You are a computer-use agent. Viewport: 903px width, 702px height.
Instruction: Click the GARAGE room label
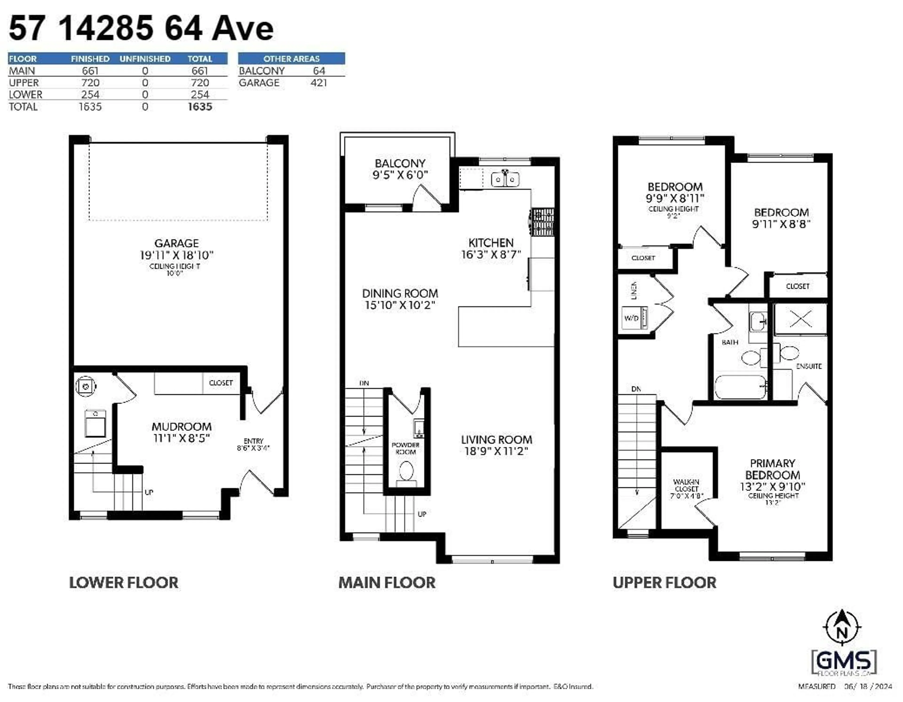[177, 243]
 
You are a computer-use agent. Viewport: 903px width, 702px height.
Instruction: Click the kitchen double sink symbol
[505, 180]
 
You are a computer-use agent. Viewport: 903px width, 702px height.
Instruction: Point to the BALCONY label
[400, 163]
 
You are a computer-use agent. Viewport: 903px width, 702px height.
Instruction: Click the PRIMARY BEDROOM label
[772, 469]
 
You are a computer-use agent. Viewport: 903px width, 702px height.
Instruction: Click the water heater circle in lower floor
[86, 386]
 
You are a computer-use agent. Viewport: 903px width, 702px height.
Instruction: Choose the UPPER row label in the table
[24, 83]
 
